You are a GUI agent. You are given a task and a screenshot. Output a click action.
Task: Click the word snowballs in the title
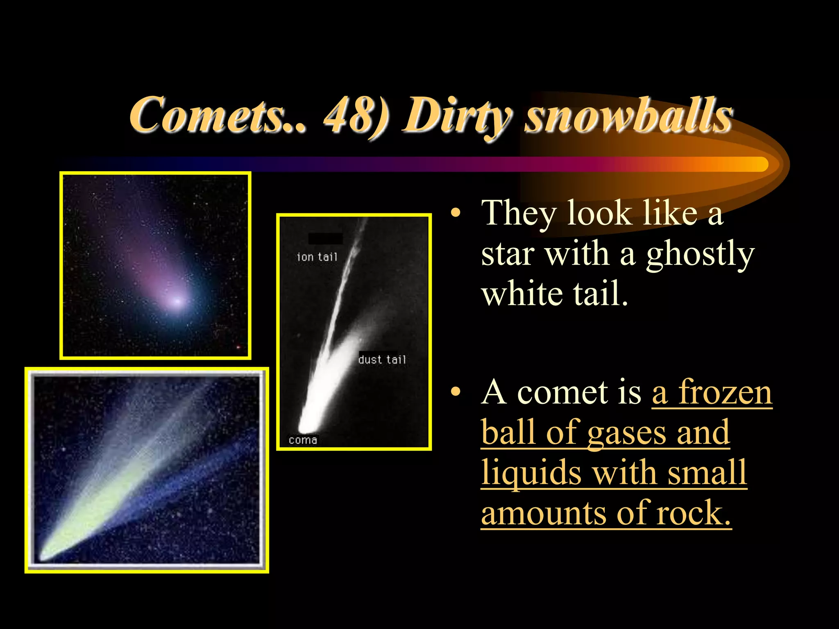(629, 115)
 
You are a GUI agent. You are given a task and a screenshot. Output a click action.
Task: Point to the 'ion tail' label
(317, 257)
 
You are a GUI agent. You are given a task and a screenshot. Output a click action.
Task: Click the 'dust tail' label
(382, 360)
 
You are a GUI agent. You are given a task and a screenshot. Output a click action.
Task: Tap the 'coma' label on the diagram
(303, 440)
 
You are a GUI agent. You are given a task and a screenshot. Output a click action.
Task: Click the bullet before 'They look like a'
(455, 213)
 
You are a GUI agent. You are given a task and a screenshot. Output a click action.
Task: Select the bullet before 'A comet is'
(455, 392)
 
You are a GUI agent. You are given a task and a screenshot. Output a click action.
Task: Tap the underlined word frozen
(725, 392)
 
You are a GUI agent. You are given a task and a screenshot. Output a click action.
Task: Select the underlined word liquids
(531, 473)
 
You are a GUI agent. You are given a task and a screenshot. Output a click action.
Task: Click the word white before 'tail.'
(522, 294)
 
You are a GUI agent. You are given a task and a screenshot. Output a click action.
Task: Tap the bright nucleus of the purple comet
(177, 302)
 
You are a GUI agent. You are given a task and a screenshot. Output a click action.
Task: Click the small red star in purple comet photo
(238, 347)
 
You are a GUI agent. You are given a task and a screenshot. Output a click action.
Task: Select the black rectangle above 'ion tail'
(325, 238)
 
